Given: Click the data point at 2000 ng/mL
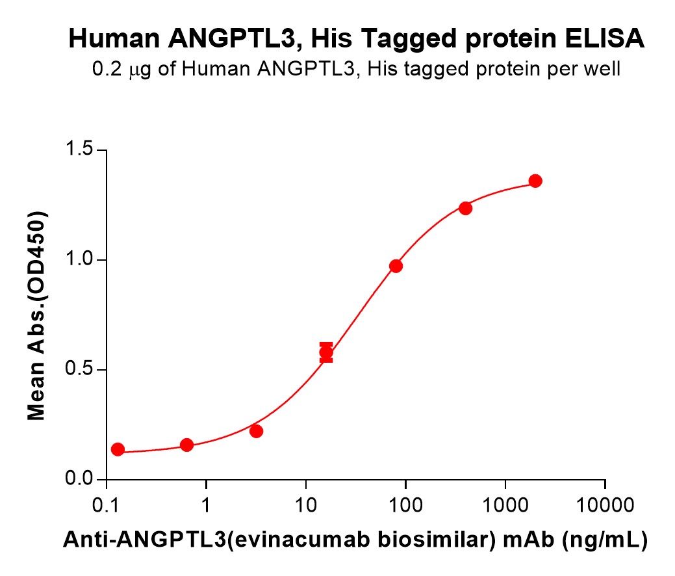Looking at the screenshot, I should pyautogui.click(x=535, y=181).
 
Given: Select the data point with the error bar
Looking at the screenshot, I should pyautogui.click(x=326, y=353).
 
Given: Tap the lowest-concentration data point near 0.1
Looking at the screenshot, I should pyautogui.click(x=118, y=449).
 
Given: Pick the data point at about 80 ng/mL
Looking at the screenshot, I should pyautogui.click(x=396, y=266).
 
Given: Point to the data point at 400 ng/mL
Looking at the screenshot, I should pyautogui.click(x=465, y=208).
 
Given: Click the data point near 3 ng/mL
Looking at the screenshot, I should pyautogui.click(x=256, y=431).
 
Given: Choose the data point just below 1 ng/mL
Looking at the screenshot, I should pyautogui.click(x=186, y=445).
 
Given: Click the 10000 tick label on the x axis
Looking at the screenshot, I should pyautogui.click(x=605, y=504).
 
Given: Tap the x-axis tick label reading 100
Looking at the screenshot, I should pyautogui.click(x=405, y=504).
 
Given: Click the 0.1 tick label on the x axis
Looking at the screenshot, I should pyautogui.click(x=106, y=504).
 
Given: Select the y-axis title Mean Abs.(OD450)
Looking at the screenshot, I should pyautogui.click(x=36, y=315).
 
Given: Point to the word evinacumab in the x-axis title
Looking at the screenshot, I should pyautogui.click(x=240, y=539).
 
